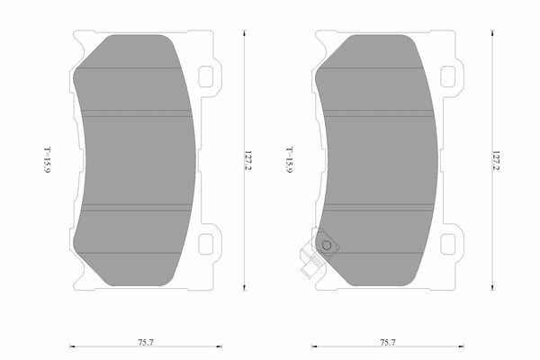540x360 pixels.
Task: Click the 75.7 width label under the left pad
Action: (x=146, y=343)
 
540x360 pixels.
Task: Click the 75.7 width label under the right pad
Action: (x=388, y=343)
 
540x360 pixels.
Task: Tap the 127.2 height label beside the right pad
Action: (x=496, y=160)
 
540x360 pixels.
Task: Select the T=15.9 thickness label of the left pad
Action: (x=48, y=160)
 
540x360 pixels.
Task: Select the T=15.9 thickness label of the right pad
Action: (x=290, y=160)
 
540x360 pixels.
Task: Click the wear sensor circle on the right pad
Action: (x=327, y=246)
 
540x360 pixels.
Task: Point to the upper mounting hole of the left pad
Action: (x=206, y=76)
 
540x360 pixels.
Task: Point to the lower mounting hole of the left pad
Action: (x=206, y=244)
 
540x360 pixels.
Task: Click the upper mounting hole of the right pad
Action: (x=448, y=76)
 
